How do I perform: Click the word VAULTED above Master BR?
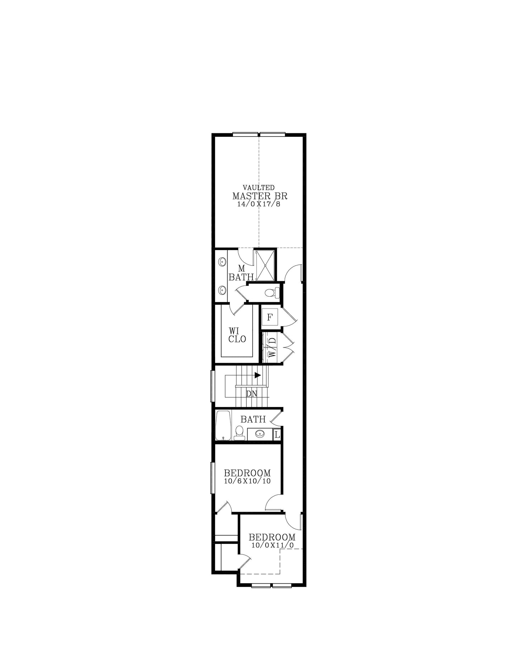(x=259, y=187)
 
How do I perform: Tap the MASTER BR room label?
(x=260, y=196)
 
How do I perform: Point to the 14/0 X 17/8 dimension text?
(x=258, y=204)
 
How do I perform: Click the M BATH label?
(x=241, y=273)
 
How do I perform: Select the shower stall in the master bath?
(x=265, y=265)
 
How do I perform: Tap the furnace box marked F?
(x=270, y=317)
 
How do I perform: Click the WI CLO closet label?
(x=237, y=335)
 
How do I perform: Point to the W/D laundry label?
(x=272, y=347)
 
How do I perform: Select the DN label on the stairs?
(x=252, y=394)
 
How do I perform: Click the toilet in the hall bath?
(x=239, y=433)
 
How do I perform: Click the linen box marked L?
(x=277, y=435)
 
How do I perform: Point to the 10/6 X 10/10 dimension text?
(x=247, y=481)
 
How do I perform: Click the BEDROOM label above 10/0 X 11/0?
(x=272, y=537)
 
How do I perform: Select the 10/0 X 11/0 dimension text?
(x=272, y=545)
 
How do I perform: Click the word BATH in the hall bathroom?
(x=253, y=419)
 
